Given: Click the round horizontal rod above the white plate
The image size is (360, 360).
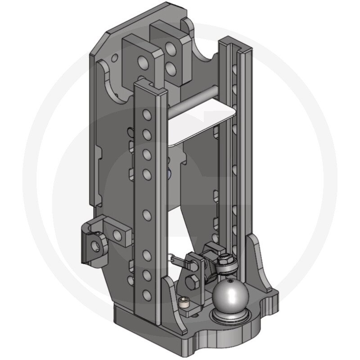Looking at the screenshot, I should click(198, 106).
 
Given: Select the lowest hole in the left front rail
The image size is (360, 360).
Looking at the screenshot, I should click(146, 295).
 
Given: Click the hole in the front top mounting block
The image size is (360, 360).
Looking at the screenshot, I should click(143, 61).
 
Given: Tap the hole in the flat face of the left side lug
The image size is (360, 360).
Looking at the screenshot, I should click(118, 234).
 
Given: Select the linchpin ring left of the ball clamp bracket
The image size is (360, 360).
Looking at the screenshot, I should click(172, 258).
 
